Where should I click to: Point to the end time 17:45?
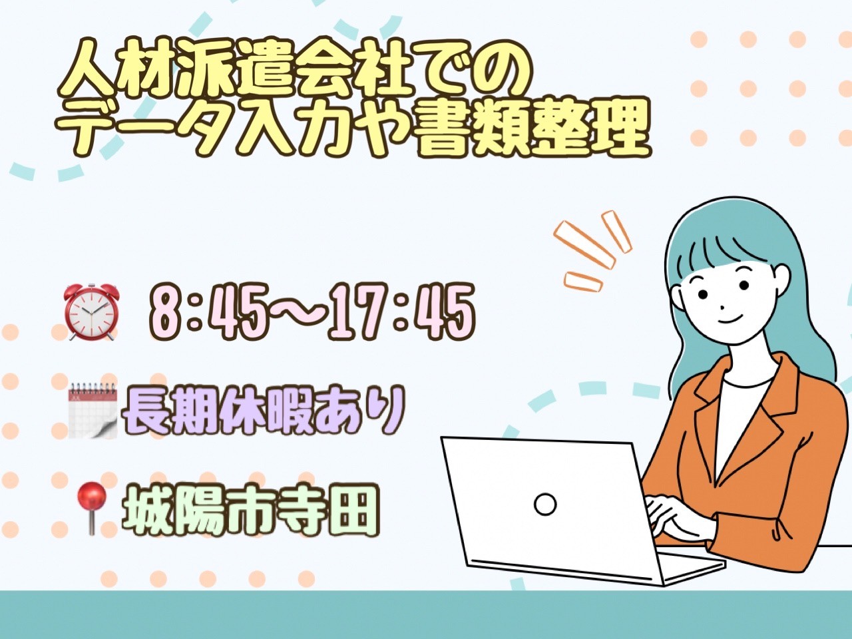[401, 312]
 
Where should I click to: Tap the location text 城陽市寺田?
[250, 509]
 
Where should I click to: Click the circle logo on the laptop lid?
[545, 504]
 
